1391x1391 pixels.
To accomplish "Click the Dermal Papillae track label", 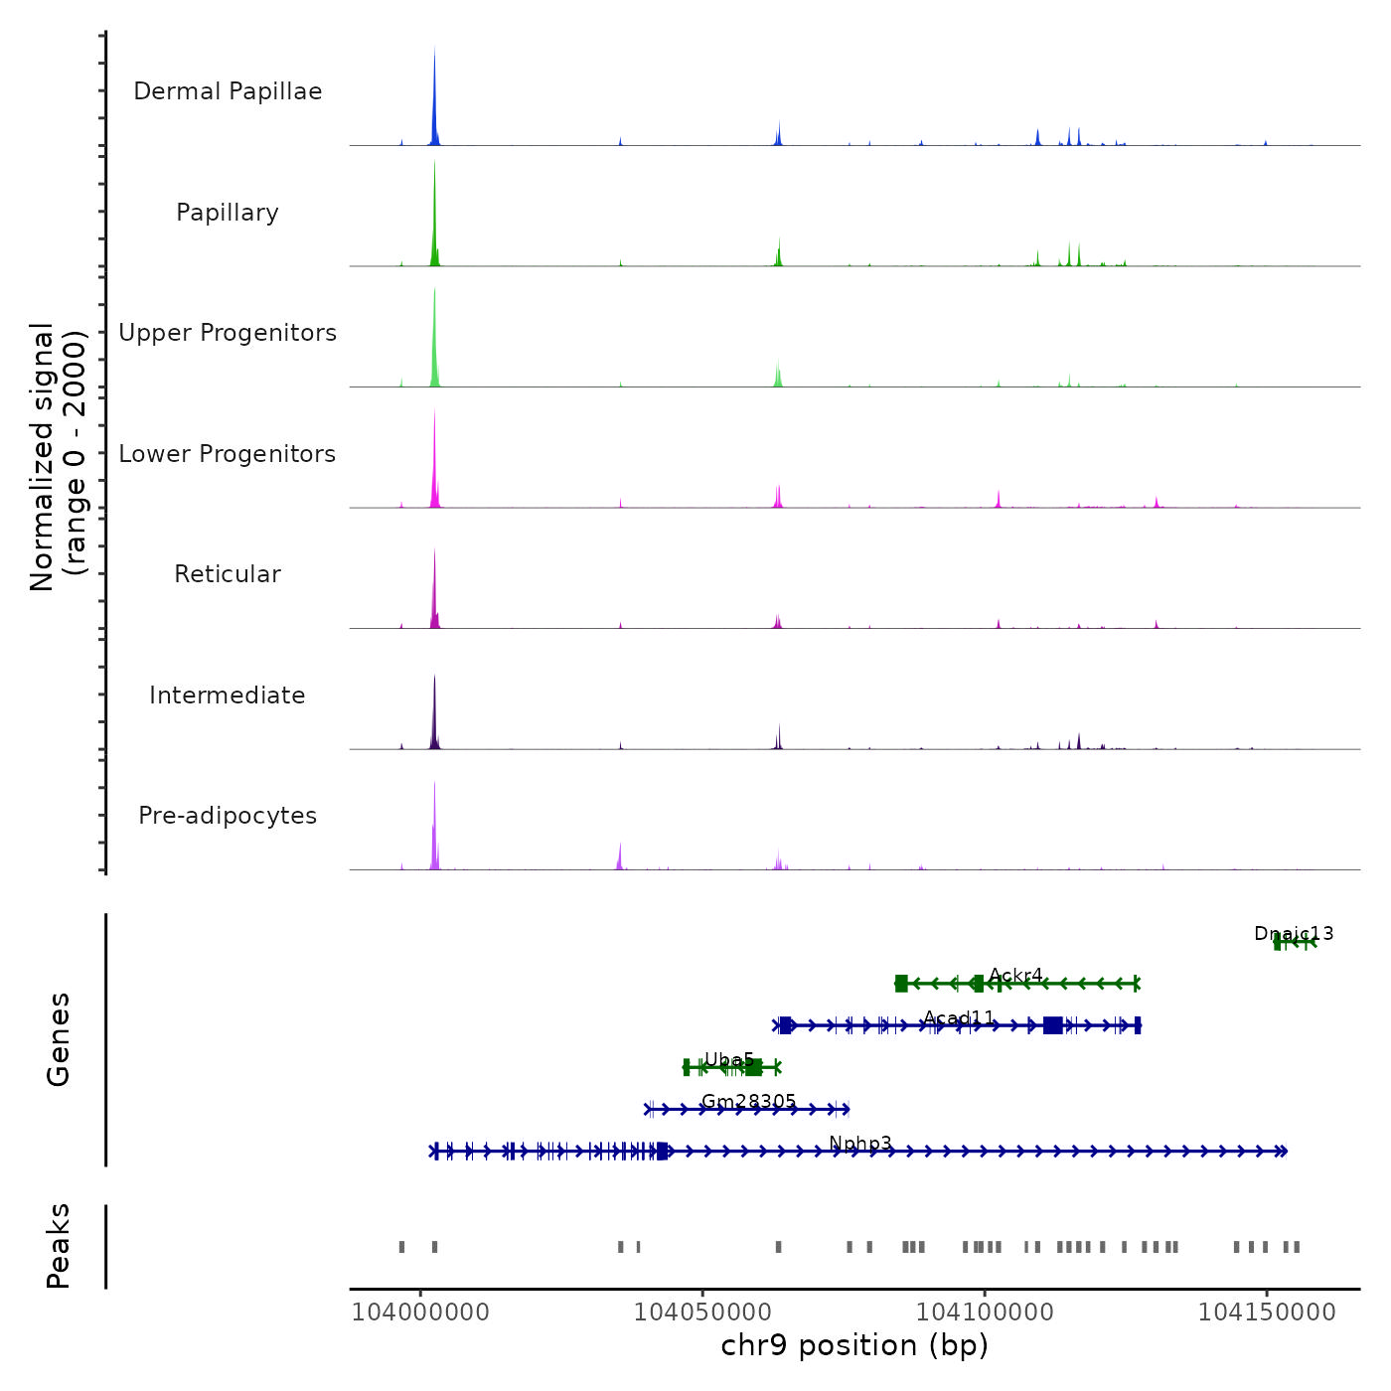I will [x=228, y=91].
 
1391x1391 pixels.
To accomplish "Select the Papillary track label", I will [x=228, y=213].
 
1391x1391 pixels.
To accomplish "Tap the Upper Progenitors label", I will [x=228, y=333].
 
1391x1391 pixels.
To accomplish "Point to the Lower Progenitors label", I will [x=228, y=454].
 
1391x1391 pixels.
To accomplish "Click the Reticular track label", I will [x=228, y=574].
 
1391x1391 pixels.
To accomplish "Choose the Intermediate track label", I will [x=228, y=695].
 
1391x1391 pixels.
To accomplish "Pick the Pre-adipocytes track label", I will [x=228, y=816].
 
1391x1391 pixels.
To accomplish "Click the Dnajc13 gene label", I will [x=1294, y=934].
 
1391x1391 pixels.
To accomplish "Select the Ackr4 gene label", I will [x=1015, y=976].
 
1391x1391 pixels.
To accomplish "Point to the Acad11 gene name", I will [x=959, y=1018].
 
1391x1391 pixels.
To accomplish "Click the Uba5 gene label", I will [x=729, y=1060].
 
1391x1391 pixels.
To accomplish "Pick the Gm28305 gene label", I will [x=749, y=1102].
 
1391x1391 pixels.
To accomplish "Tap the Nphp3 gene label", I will [x=860, y=1144].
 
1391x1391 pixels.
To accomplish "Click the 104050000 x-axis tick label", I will [x=702, y=1313].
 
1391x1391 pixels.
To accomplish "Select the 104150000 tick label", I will [x=1267, y=1313].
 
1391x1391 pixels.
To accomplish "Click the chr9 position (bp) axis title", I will [x=854, y=1346].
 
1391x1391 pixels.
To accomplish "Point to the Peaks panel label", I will [x=59, y=1246].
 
